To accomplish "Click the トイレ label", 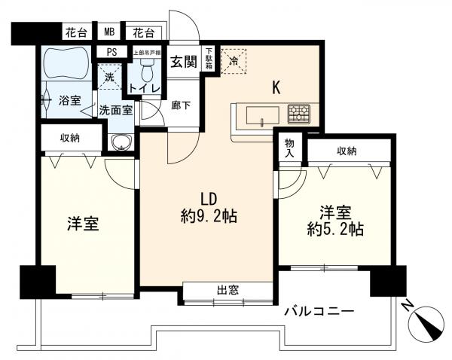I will pyautogui.click(x=143, y=89).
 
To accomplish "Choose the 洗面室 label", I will pyautogui.click(x=116, y=110).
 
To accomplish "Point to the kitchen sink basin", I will pyautogui.click(x=259, y=116).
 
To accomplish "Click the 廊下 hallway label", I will pyautogui.click(x=181, y=105).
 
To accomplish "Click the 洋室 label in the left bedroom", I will pyautogui.click(x=84, y=224).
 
